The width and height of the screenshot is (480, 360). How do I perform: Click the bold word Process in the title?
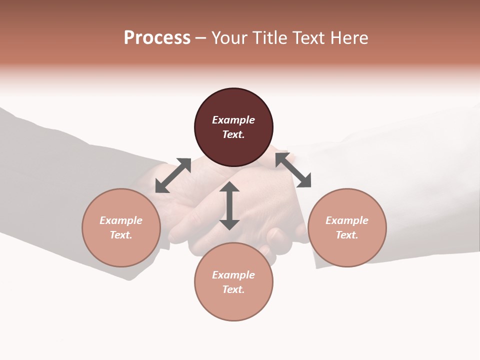[157, 38]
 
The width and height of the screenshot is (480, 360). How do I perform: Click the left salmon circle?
[121, 250]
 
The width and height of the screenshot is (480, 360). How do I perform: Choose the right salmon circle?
[347, 250]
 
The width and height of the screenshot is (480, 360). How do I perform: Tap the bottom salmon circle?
[233, 305]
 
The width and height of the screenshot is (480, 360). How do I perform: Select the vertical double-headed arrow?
[229, 206]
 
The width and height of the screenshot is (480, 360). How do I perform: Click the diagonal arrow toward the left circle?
[173, 175]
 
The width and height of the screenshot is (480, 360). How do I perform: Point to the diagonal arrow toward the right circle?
[293, 170]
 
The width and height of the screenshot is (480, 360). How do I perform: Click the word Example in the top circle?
[233, 120]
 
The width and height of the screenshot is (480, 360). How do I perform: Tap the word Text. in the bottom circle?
[233, 289]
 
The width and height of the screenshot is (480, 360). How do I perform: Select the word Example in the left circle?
[121, 220]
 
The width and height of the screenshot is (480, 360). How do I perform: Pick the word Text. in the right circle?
[347, 235]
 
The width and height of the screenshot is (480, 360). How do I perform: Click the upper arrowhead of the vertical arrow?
[229, 188]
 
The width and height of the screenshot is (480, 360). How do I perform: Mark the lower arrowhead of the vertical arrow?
[229, 224]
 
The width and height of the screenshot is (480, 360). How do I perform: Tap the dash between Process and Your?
[201, 38]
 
